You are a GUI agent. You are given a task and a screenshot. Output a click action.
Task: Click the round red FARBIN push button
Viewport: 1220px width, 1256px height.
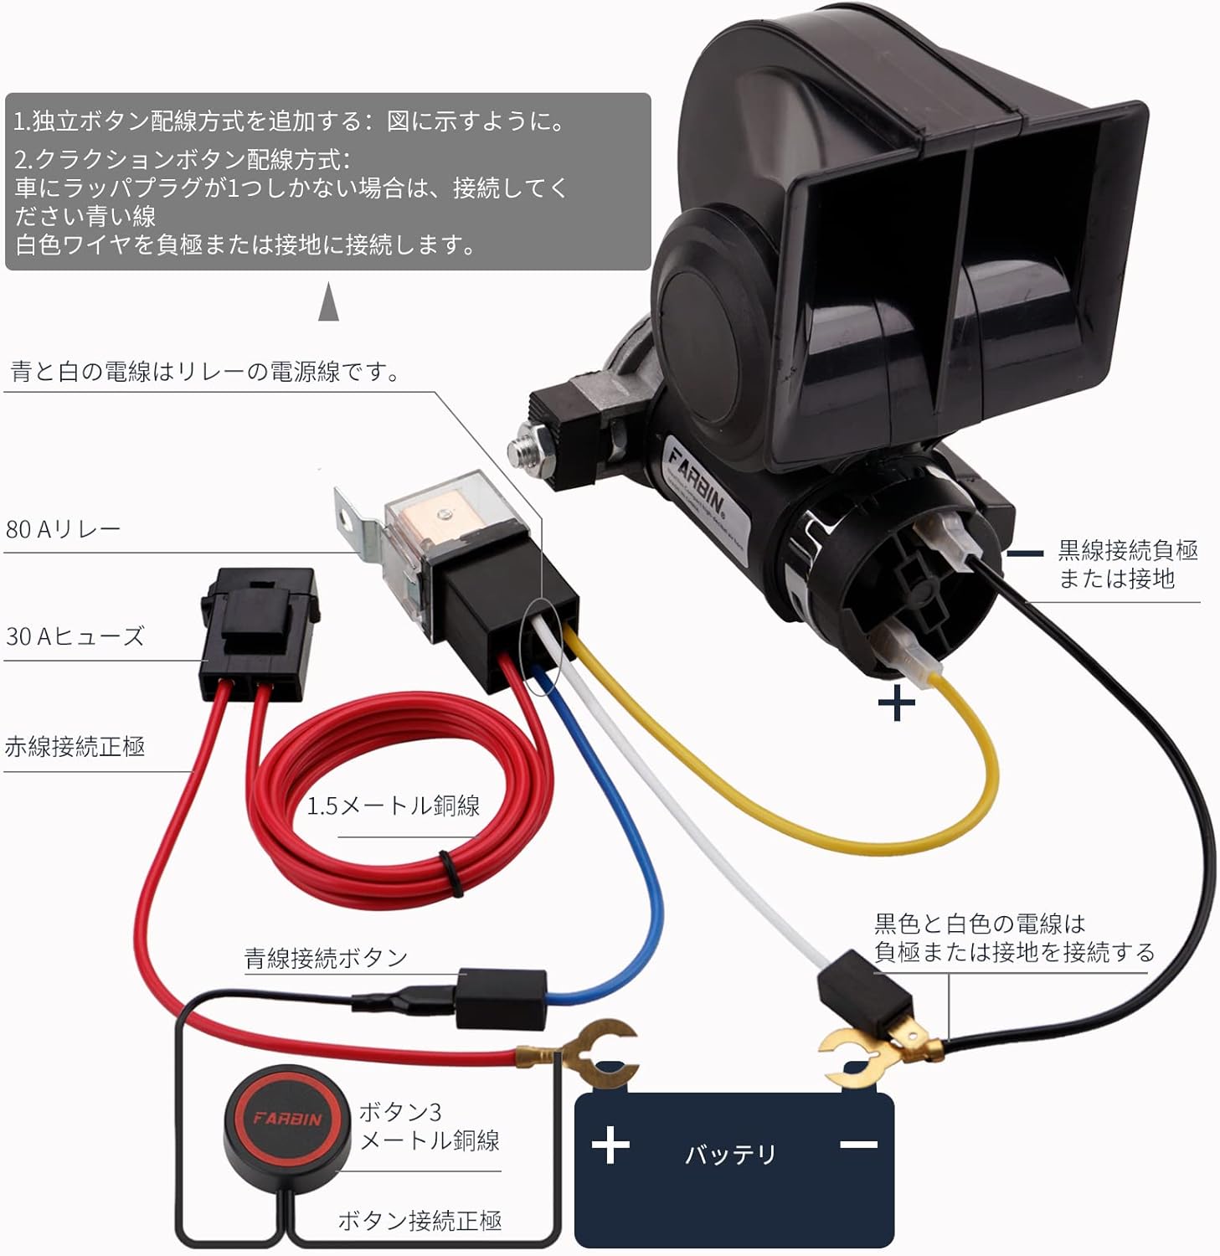pyautogui.click(x=286, y=1117)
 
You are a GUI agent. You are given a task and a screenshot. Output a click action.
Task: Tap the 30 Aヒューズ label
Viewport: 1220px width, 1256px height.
pyautogui.click(x=75, y=636)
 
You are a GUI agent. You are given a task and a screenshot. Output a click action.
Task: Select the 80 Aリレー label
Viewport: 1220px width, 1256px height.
pyautogui.click(x=63, y=529)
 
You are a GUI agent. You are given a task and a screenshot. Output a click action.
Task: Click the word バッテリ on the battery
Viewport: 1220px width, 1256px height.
pyautogui.click(x=731, y=1155)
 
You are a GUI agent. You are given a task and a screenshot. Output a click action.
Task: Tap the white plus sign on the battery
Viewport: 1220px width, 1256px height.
pyautogui.click(x=610, y=1145)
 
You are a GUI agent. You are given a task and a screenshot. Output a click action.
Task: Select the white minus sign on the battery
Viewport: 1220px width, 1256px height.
pyautogui.click(x=858, y=1144)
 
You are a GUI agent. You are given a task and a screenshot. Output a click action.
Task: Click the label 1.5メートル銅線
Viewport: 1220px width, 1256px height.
pyautogui.click(x=393, y=806)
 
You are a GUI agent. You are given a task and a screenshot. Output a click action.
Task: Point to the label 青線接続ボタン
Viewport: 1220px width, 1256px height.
pyautogui.click(x=326, y=958)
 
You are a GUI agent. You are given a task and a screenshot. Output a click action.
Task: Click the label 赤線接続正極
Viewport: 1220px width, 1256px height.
pyautogui.click(x=75, y=746)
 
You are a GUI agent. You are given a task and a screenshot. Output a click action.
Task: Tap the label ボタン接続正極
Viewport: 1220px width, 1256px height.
pyautogui.click(x=420, y=1221)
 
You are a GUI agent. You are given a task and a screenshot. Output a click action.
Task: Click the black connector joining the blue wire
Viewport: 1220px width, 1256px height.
pyautogui.click(x=500, y=998)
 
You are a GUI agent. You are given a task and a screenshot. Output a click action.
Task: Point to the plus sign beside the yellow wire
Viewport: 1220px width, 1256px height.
pyautogui.click(x=897, y=703)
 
